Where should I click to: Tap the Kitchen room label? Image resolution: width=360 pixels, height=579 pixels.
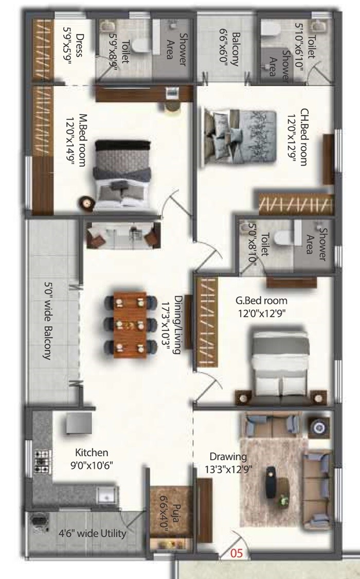tap(92, 453)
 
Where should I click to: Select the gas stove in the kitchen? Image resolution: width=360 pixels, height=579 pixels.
tap(41, 461)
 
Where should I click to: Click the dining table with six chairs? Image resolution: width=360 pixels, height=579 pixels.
tap(129, 325)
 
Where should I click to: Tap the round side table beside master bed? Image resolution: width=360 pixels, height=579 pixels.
tap(86, 203)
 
